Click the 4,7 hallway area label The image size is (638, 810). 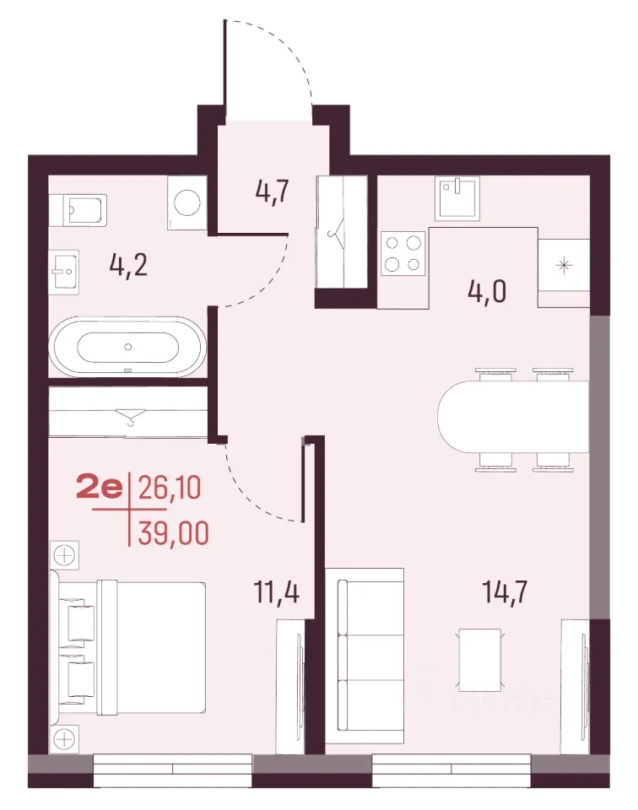tap(272, 192)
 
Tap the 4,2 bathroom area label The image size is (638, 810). tap(128, 265)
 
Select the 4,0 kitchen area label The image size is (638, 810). tap(487, 291)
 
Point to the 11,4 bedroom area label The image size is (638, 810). tap(276, 591)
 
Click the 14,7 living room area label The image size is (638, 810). tap(505, 591)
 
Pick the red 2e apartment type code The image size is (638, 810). tap(100, 488)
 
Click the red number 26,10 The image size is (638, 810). tap(170, 488)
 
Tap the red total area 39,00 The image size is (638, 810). tap(174, 533)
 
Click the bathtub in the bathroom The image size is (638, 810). tap(127, 347)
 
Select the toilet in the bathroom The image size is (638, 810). tap(78, 210)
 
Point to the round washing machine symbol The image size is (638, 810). tap(187, 202)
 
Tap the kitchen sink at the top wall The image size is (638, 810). tap(457, 197)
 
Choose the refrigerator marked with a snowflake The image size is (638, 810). tap(564, 266)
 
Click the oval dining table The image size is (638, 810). tap(513, 417)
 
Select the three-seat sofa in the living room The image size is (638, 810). tap(365, 656)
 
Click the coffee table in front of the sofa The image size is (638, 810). tap(480, 660)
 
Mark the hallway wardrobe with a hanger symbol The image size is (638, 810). tap(342, 232)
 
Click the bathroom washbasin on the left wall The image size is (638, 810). tap(64, 272)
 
